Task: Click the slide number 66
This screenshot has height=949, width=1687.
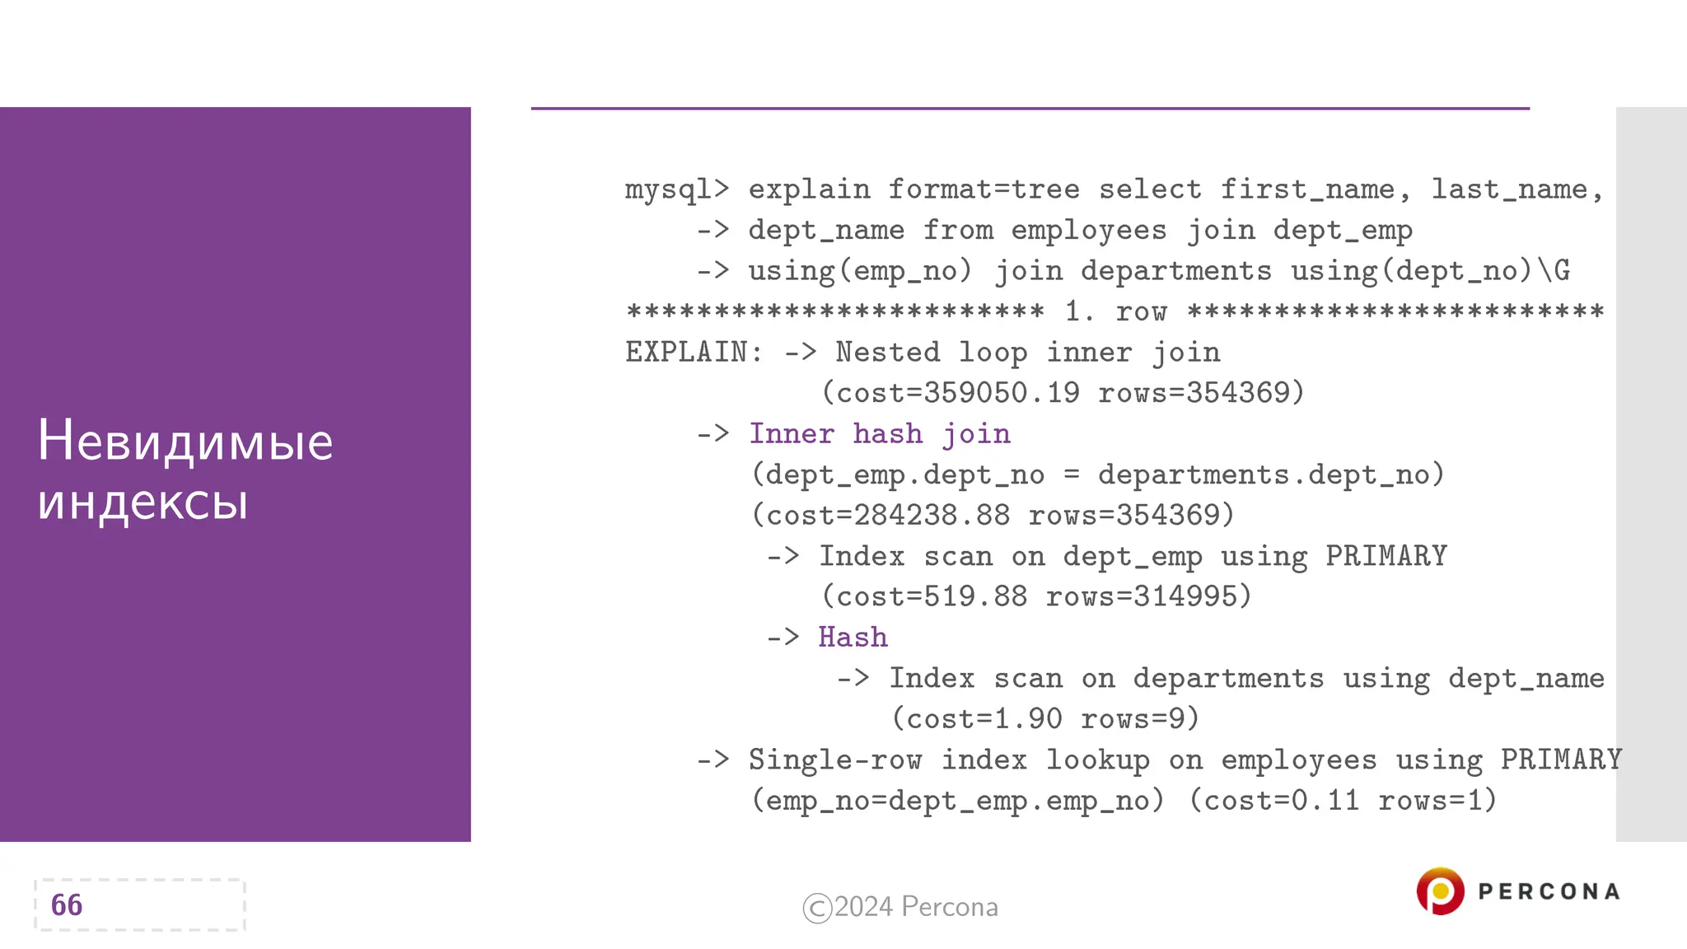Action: pyautogui.click(x=67, y=905)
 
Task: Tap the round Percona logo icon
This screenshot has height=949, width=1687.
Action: pyautogui.click(x=1440, y=891)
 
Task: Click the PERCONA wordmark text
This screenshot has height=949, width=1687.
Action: pyautogui.click(x=1549, y=892)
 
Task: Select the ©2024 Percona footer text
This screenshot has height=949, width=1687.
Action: pyautogui.click(x=900, y=907)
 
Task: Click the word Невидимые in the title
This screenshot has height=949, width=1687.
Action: pyautogui.click(x=185, y=441)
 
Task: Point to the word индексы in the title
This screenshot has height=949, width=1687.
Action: pyautogui.click(x=143, y=502)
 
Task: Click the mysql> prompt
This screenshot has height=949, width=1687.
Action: pyautogui.click(x=677, y=189)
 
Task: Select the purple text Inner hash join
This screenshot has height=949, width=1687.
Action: pyautogui.click(x=879, y=434)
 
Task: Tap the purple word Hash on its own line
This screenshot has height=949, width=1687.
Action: pyautogui.click(x=853, y=638)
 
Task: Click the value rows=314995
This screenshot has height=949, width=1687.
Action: pyautogui.click(x=1148, y=596)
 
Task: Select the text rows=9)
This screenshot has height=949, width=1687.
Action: pyautogui.click(x=1139, y=719)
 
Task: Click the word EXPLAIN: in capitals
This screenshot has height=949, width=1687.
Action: pyautogui.click(x=694, y=353)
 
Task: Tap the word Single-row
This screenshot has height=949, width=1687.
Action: pyautogui.click(x=834, y=760)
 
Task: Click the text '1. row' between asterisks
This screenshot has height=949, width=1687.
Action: pyautogui.click(x=1115, y=311)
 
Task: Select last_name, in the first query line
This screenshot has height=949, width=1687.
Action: pyautogui.click(x=1516, y=189)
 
